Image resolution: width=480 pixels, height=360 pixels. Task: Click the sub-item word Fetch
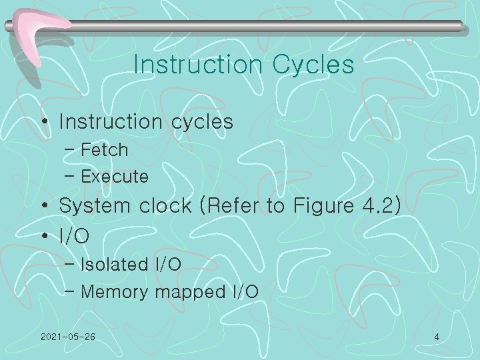[x=104, y=150]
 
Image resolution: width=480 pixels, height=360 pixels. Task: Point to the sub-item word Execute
[x=114, y=177]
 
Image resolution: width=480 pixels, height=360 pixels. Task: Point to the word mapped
[x=184, y=293]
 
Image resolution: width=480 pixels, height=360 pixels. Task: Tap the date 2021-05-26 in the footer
[x=67, y=337]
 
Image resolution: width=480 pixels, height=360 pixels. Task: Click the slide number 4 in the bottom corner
[x=437, y=337]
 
